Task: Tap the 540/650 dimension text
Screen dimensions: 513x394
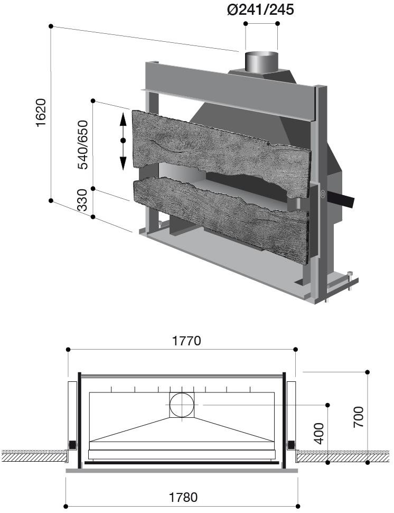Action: click(83, 144)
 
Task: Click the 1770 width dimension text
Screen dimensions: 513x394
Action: click(186, 341)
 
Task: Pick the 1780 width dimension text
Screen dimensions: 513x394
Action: click(183, 497)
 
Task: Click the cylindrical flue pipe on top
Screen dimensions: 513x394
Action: click(260, 61)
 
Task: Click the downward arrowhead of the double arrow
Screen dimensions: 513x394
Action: click(123, 162)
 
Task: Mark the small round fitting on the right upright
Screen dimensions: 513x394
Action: click(322, 194)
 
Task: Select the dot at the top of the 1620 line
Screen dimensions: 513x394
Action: click(51, 26)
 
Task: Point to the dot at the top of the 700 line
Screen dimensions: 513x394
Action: click(368, 372)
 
